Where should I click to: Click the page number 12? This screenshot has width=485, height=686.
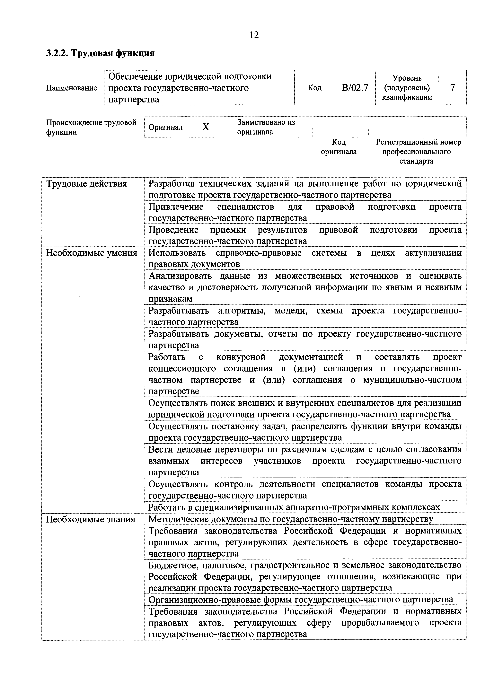[254, 35]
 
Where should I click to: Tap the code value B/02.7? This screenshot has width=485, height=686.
[355, 88]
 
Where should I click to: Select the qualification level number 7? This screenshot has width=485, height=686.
[452, 88]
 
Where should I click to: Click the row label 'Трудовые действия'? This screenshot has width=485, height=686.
[86, 183]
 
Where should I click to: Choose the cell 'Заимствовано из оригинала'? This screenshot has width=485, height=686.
[266, 127]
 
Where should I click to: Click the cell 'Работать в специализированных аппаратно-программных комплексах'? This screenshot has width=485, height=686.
[294, 507]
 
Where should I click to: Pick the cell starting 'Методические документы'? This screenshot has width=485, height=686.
[290, 519]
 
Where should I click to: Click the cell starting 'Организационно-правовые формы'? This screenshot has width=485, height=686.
[301, 599]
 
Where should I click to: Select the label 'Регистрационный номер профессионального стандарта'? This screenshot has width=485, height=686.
[418, 152]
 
